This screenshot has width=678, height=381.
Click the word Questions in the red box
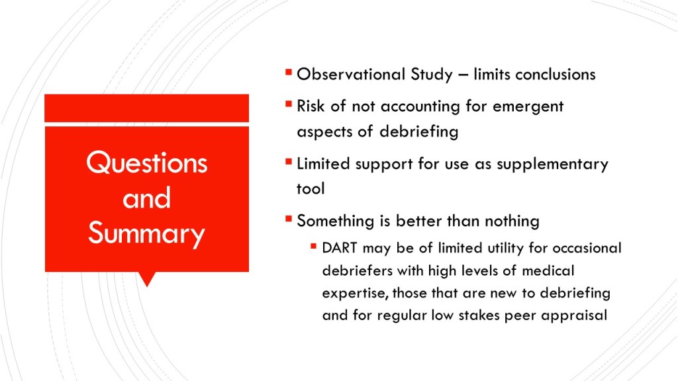(147, 163)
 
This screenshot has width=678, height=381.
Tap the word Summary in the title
(146, 234)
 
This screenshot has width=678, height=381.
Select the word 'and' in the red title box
(146, 198)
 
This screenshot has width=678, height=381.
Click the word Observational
(351, 74)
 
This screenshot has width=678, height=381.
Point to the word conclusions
(556, 74)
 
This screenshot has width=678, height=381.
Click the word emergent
(528, 106)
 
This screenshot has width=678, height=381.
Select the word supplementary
(552, 165)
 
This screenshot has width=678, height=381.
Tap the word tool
(311, 189)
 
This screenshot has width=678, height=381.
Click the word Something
(336, 221)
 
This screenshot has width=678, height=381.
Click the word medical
(548, 271)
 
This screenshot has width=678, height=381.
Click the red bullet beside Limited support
(289, 162)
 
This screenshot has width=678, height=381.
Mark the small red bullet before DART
(313, 247)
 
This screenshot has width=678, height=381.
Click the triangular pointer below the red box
(147, 278)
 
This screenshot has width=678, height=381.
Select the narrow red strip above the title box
(146, 108)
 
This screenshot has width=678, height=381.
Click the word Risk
(311, 106)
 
